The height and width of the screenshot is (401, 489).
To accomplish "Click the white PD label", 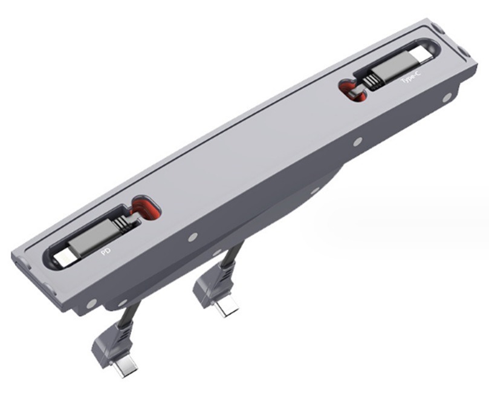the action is pyautogui.click(x=106, y=251).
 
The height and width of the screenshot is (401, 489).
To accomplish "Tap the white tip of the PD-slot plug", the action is pyautogui.click(x=64, y=259).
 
